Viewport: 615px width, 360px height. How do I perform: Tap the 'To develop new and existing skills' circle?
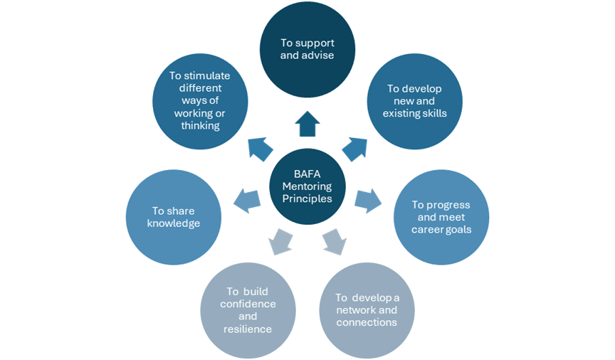coord(414,101)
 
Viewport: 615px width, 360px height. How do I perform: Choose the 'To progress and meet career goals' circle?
coord(441,217)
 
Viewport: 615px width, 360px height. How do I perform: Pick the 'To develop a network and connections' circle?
coord(366,309)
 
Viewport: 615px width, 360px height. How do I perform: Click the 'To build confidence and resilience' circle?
coord(248,309)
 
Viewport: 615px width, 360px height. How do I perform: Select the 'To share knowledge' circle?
coord(173,217)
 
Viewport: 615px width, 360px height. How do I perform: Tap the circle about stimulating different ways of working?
coord(200,101)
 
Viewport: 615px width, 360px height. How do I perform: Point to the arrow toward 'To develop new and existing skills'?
coord(354,147)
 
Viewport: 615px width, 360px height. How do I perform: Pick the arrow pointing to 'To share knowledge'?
coord(246,199)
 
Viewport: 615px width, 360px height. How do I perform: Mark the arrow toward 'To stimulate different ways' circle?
coord(260,147)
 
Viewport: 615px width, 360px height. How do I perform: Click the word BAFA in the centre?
coord(307,173)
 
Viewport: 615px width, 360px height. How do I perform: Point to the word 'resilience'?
coord(248,329)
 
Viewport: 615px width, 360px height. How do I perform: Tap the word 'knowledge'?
coord(173,223)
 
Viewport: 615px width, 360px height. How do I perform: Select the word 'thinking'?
coord(200,126)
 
